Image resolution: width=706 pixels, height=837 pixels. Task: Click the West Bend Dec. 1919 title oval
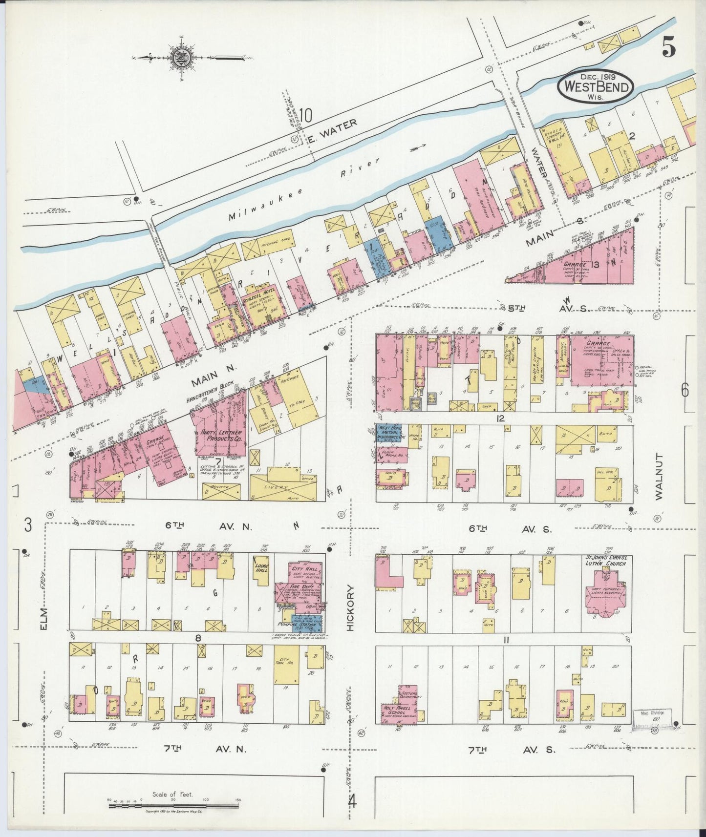(596, 87)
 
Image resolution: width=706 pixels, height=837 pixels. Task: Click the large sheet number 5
(669, 47)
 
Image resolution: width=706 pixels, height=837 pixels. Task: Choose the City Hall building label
(305, 569)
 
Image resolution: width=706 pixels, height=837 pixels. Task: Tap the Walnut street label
(659, 476)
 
